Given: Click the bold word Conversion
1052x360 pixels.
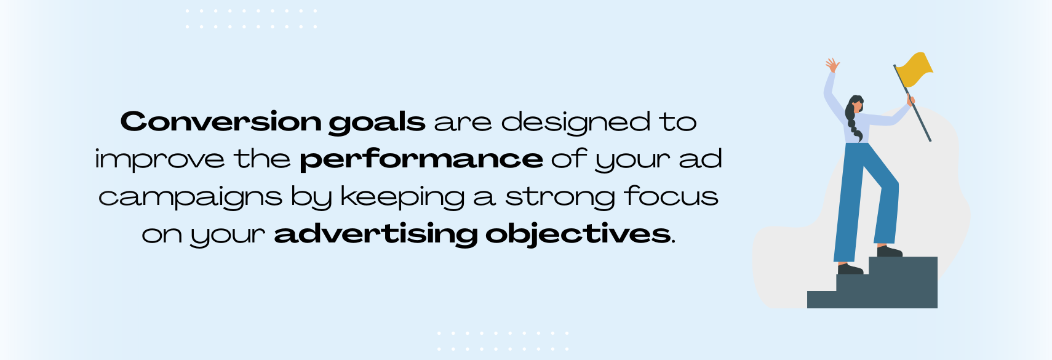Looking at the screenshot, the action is [221, 121].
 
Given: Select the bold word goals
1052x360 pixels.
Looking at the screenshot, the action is [377, 122].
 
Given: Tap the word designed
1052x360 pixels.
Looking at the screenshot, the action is [576, 122].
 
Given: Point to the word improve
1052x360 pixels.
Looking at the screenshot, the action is [160, 160].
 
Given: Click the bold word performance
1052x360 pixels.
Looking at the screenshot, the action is [421, 160].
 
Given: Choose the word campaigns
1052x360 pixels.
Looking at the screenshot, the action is [190, 198].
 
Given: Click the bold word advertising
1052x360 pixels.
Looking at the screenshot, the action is [376, 234].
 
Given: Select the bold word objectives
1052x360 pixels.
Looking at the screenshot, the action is [578, 234].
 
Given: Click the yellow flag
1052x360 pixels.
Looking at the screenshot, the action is [914, 69].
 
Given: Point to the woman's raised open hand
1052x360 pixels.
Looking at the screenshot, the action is [832, 65].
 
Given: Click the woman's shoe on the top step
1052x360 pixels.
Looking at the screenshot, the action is [890, 251].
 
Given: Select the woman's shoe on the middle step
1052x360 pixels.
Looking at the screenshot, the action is [850, 268].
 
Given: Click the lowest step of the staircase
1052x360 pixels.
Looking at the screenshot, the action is [822, 299].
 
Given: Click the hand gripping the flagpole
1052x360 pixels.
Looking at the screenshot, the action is [911, 100].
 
